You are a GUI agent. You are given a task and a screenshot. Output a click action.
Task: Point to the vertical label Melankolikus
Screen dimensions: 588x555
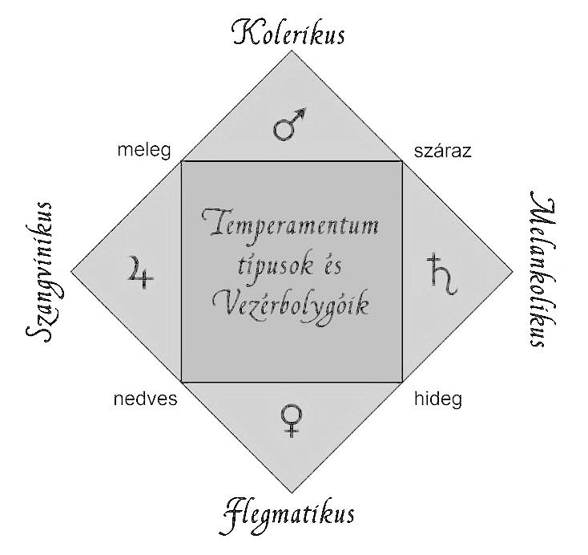538,270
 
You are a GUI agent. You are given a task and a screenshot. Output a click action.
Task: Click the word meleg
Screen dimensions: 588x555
140,151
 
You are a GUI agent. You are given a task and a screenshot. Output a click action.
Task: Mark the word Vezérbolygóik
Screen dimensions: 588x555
292,306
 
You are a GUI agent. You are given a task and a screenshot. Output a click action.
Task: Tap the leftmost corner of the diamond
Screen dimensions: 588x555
71,271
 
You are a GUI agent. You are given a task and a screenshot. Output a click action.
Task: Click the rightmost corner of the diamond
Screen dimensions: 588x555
512,271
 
